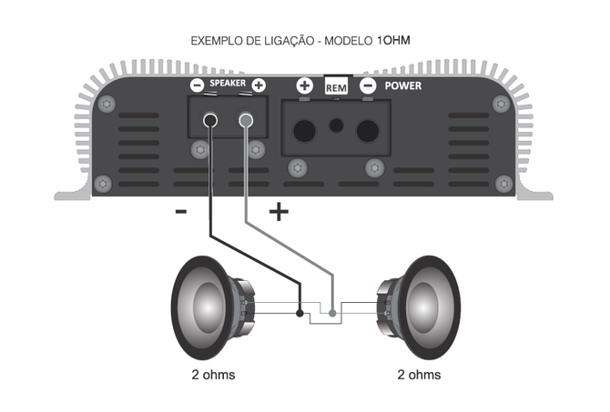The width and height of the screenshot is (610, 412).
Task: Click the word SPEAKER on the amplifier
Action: pos(227,84)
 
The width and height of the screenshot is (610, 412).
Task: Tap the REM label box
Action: pos(336,87)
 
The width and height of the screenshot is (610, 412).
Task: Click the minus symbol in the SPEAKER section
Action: pos(197,85)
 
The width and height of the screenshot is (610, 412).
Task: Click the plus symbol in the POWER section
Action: pos(304,85)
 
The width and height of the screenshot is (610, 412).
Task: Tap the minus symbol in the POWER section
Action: pos(368,85)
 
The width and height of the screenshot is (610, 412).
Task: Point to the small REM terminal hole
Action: pos(336,124)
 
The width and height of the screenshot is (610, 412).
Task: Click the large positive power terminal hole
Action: pos(304,127)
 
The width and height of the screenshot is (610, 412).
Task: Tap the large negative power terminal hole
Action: pos(367,127)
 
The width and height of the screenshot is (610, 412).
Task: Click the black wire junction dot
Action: pos(300,314)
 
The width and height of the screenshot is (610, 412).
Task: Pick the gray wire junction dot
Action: pos(333,314)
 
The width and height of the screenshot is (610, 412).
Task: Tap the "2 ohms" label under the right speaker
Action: pos(419,375)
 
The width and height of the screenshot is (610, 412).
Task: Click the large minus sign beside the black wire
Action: pos(180,214)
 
